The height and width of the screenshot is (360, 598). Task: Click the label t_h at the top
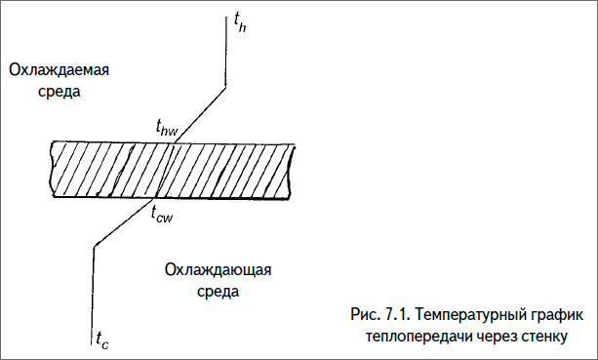tap(241, 21)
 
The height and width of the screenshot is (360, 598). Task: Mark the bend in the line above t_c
tap(94, 245)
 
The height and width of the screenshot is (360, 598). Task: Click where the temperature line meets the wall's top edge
tap(175, 142)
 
